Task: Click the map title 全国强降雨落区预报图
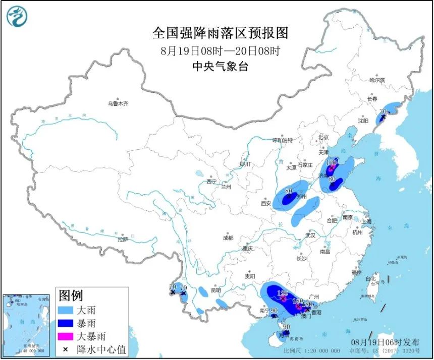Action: coord(220,33)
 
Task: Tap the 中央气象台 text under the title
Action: coord(220,67)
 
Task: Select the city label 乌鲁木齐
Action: coord(118,103)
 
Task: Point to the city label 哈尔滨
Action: coord(376,80)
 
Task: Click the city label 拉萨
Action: coord(123,239)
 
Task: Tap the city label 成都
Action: coord(228,237)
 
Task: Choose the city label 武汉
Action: coord(310,235)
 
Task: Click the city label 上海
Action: coord(366,221)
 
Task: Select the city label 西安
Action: coord(266,204)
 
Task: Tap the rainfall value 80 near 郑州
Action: coord(289,191)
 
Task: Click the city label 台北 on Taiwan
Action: coord(370,278)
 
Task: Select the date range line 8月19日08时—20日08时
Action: coord(220,50)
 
